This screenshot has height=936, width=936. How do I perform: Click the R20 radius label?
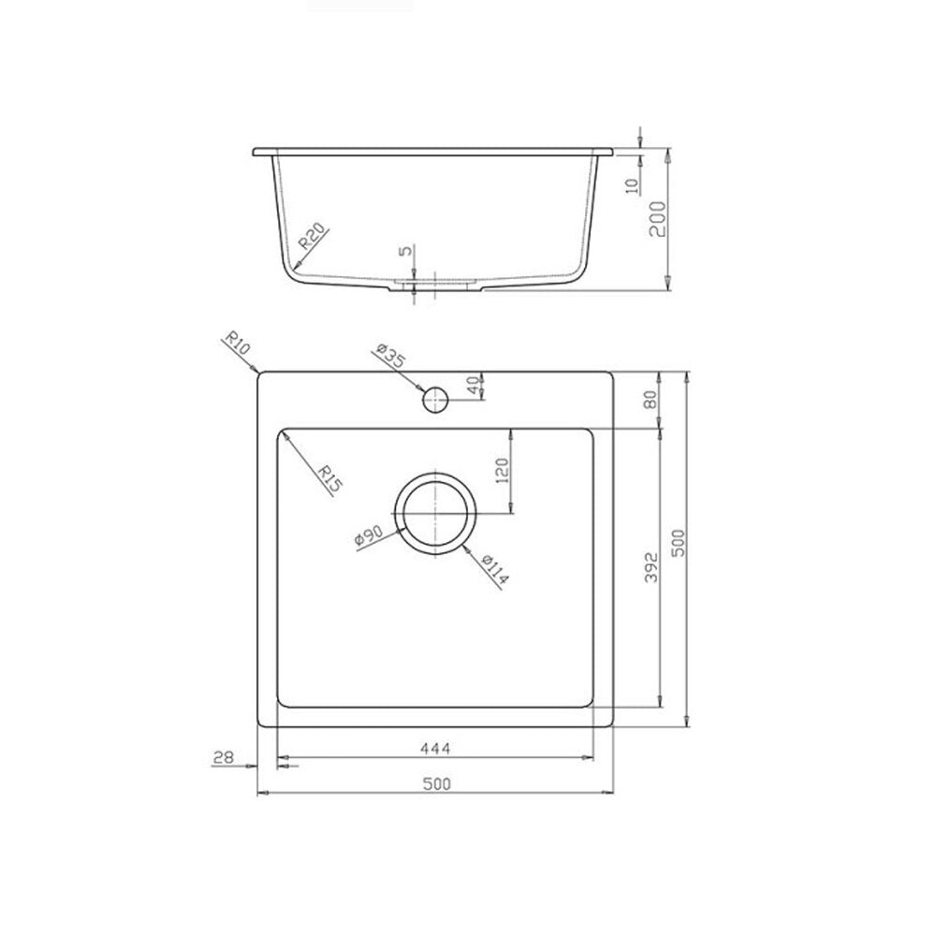tap(313, 237)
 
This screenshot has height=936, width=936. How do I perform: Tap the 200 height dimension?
tap(657, 218)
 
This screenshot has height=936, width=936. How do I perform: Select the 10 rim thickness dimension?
tap(633, 186)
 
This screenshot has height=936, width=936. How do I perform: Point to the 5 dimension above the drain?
tap(406, 250)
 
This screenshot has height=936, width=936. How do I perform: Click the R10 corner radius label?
tap(237, 345)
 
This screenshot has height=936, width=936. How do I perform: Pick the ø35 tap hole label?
tap(391, 357)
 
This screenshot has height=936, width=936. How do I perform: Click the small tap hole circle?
tap(435, 400)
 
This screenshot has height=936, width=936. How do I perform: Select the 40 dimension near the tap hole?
tap(474, 387)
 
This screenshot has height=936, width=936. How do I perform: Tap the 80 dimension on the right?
tap(651, 399)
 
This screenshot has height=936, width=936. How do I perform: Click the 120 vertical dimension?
tap(502, 471)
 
